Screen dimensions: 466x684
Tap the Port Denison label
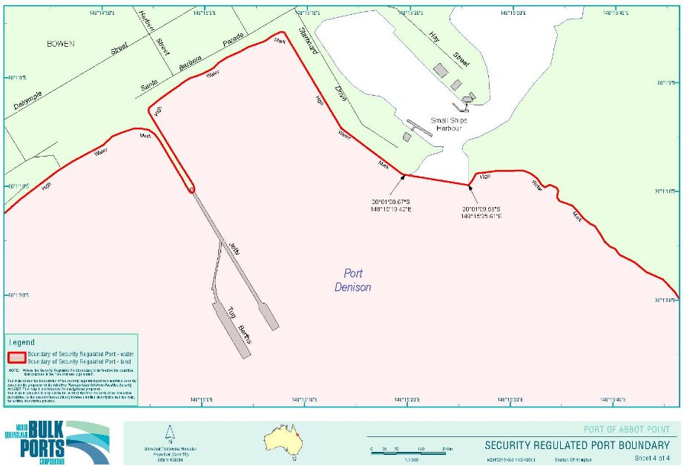pos(352,280)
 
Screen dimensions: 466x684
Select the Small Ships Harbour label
pos(447,124)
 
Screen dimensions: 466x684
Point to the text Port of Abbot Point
pos(628,430)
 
